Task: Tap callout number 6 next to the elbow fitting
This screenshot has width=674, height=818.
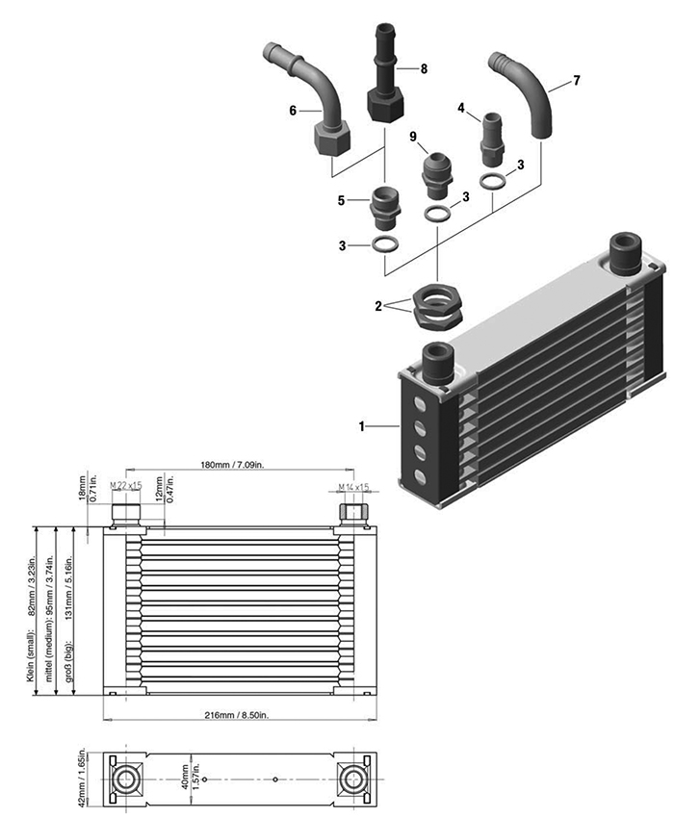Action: tap(293, 111)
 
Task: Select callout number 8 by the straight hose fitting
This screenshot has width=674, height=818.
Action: tap(423, 68)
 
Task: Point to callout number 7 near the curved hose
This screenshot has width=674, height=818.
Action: tap(576, 81)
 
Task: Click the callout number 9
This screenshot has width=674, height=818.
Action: tap(413, 138)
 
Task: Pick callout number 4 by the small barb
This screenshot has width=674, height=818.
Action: tap(462, 109)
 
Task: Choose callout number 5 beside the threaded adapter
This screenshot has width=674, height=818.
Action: tap(342, 200)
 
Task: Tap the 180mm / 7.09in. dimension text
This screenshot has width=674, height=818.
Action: tap(240, 467)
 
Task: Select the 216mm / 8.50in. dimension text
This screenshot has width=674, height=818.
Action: tap(240, 715)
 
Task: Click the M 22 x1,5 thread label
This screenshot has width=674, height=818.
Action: tap(125, 485)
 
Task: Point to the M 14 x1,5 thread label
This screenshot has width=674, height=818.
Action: tap(354, 487)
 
